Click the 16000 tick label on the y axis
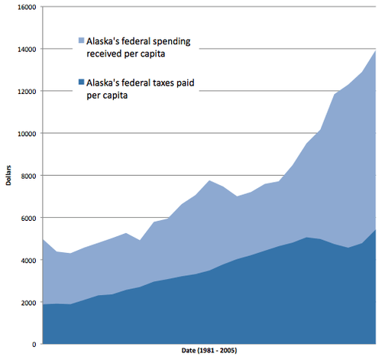pyautogui.click(x=26, y=7)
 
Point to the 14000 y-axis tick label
pyautogui.click(x=26, y=49)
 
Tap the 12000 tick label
pyautogui.click(x=26, y=91)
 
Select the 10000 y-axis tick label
pyautogui.click(x=26, y=134)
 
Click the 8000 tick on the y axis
pyautogui.click(x=28, y=176)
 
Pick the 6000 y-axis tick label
pyautogui.click(x=28, y=218)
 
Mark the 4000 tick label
pyautogui.click(x=28, y=261)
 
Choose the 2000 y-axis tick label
pyautogui.click(x=28, y=303)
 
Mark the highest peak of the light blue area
pyautogui.click(x=375, y=50)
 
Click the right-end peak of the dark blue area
pyautogui.click(x=375, y=229)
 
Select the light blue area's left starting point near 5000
pyautogui.click(x=43, y=239)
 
